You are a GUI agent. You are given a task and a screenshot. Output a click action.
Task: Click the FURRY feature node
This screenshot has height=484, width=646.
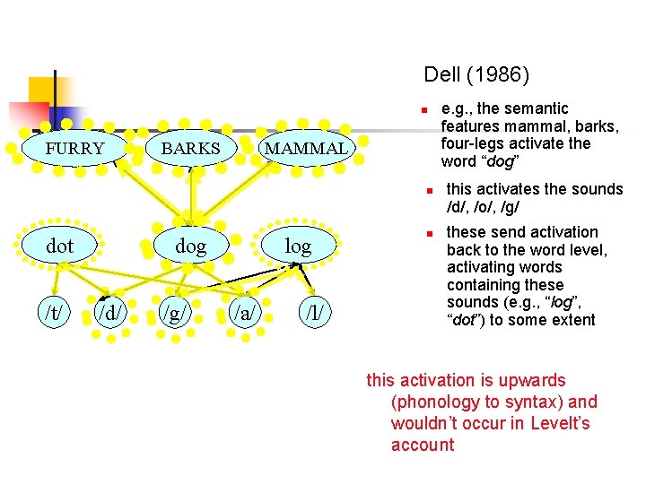coord(74,148)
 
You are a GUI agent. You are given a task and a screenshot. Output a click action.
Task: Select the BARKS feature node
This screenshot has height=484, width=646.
coord(190,148)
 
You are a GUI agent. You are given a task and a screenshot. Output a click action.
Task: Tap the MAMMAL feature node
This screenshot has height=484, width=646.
coord(306,148)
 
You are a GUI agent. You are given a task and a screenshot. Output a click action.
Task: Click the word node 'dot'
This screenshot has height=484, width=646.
coord(60,246)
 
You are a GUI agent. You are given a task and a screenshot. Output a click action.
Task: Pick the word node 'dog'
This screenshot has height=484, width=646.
coord(190,246)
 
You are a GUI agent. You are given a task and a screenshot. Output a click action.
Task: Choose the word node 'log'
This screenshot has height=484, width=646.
coord(298,246)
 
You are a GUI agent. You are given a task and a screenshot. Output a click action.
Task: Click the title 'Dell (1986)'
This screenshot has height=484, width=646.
coord(476,74)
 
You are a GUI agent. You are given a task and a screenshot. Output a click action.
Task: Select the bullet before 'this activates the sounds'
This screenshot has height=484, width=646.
coord(430,191)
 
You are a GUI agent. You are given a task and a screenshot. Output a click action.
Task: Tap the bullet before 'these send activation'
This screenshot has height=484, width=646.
coord(430,234)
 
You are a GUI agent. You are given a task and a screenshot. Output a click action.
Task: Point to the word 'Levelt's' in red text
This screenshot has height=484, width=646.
coord(561,423)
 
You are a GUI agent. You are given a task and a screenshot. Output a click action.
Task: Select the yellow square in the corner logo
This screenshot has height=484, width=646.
coord(42,91)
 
